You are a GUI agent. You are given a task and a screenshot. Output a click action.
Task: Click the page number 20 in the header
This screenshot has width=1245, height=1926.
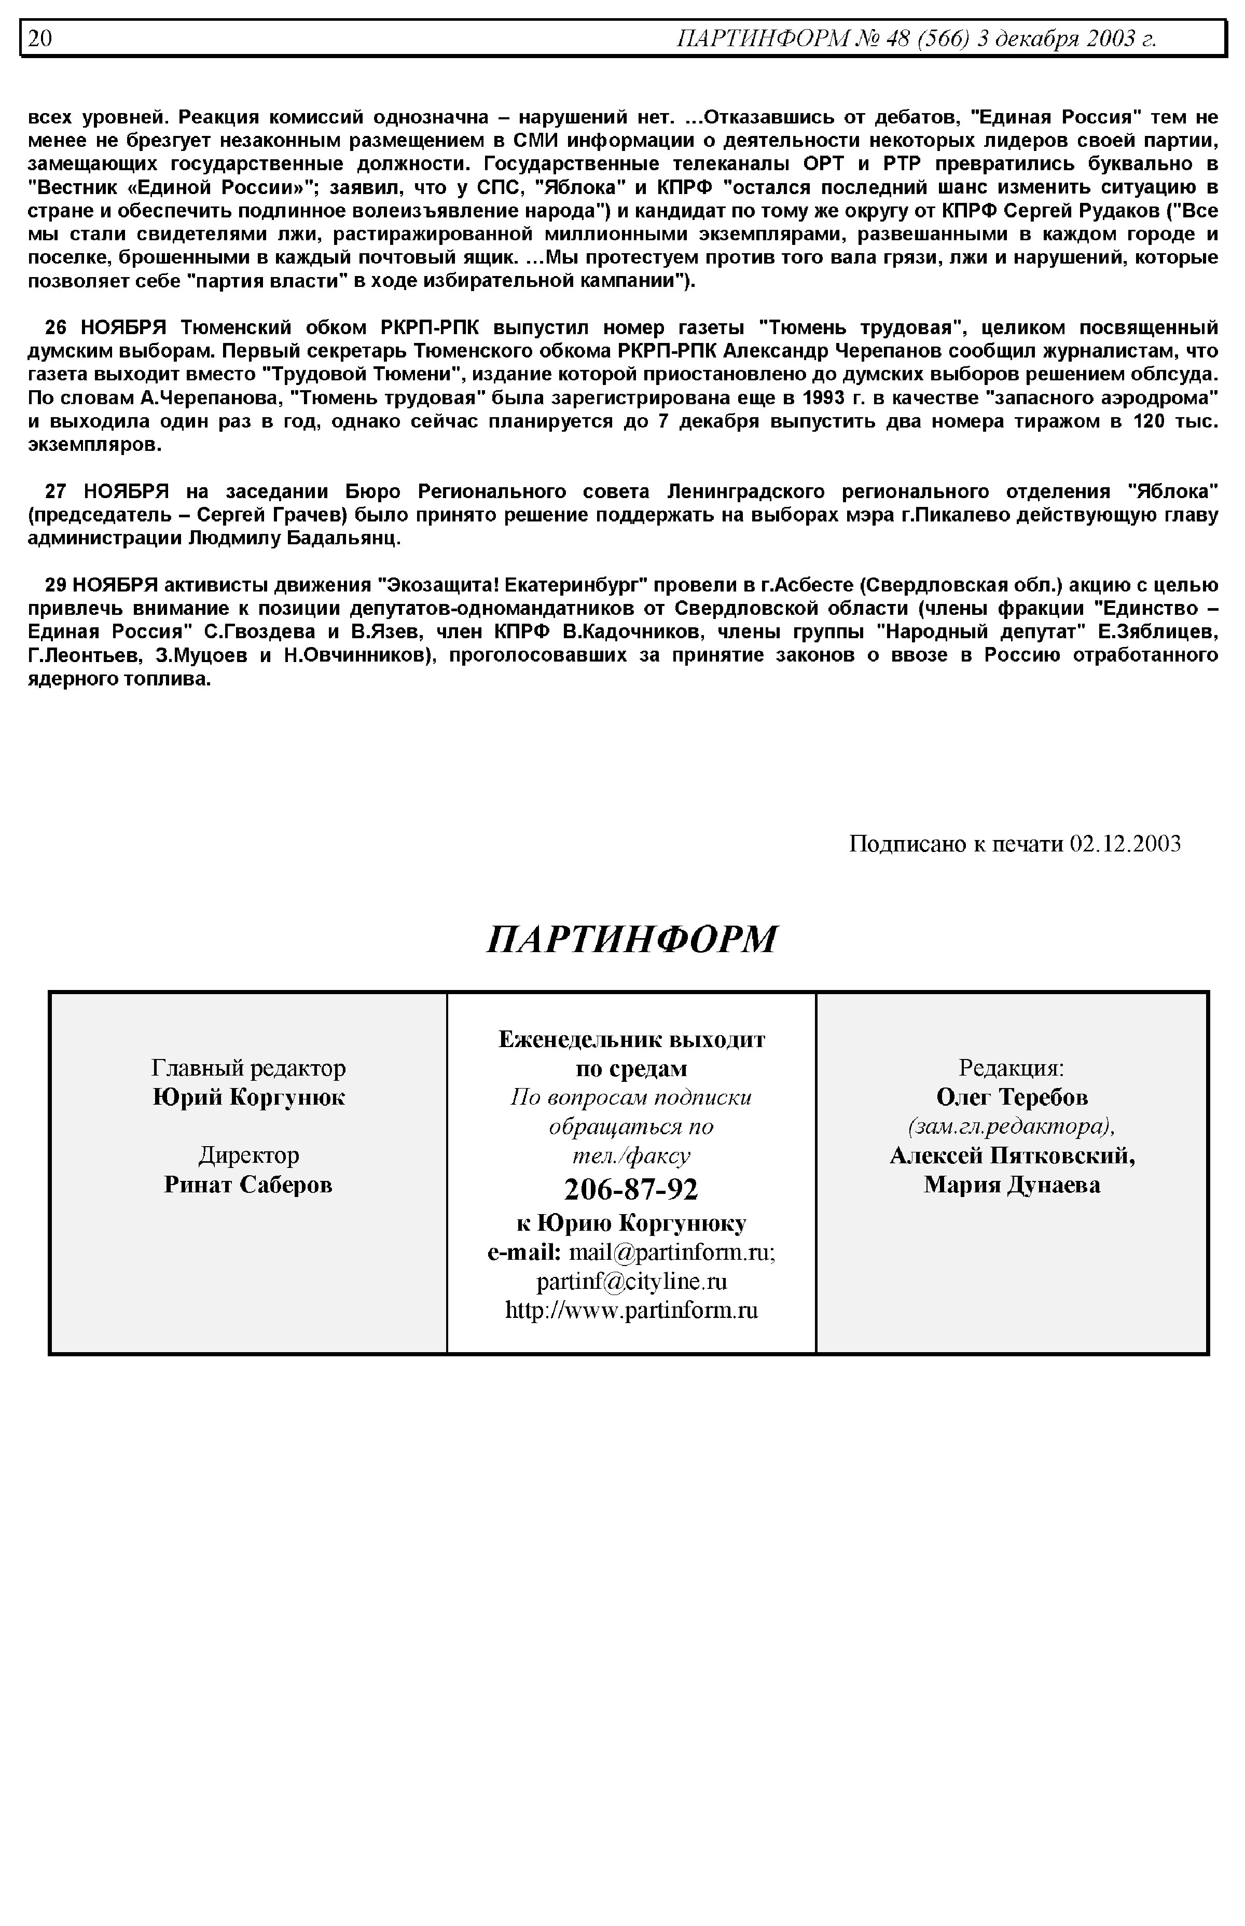[39, 38]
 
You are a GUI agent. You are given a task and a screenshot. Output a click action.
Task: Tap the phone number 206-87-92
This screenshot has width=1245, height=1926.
[631, 1189]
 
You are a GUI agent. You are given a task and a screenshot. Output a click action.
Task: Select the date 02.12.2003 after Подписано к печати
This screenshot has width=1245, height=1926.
[1125, 844]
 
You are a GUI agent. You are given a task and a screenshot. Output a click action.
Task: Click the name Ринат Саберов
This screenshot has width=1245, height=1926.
[248, 1185]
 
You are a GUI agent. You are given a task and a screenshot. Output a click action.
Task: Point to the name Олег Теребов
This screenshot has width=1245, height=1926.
[1012, 1097]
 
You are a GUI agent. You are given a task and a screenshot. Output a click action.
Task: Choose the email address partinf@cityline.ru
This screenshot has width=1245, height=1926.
[631, 1282]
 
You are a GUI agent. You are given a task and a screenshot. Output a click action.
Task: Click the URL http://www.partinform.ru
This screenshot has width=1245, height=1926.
[631, 1310]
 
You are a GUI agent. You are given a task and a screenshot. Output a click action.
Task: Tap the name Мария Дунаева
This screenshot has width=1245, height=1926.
[1012, 1186]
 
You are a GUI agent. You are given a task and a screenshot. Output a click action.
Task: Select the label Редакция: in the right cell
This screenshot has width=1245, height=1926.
[1012, 1068]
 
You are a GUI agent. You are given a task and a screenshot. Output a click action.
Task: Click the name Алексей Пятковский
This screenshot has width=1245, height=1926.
[1012, 1156]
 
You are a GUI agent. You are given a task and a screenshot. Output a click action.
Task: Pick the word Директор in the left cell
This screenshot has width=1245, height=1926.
[248, 1155]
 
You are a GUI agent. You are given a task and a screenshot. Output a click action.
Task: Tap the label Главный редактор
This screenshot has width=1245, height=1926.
[248, 1068]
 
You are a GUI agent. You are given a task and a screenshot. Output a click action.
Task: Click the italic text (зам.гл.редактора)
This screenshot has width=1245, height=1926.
[1012, 1126]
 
